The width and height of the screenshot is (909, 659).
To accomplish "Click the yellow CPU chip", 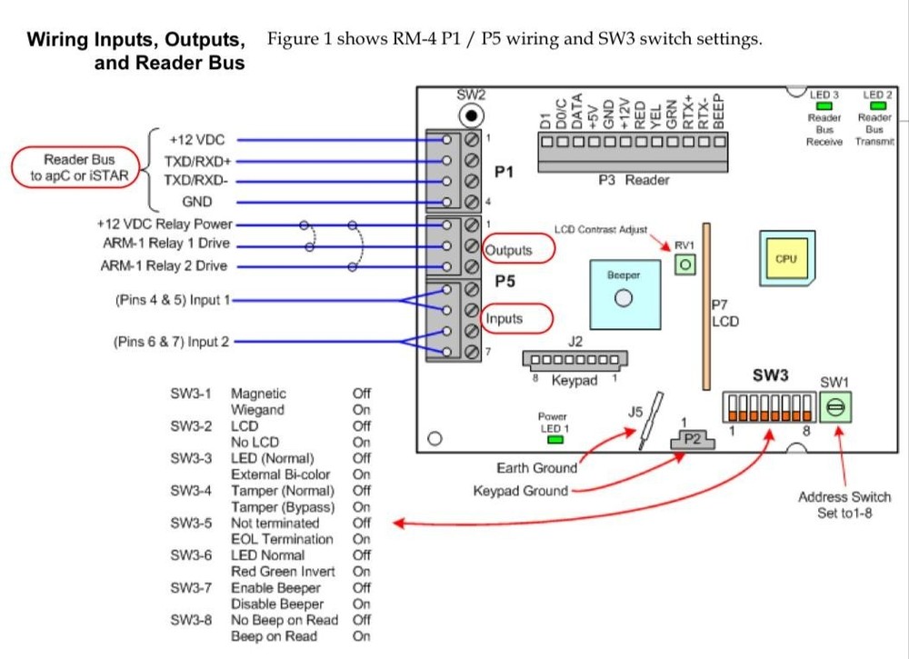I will point(785,259).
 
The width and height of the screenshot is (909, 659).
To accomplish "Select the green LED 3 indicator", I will point(824,106).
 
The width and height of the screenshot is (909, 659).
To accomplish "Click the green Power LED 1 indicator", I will point(554,440).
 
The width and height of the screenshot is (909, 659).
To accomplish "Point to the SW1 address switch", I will point(834,410).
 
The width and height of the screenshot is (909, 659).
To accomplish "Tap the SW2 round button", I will point(471,115).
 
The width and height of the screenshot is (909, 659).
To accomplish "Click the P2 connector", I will point(693,441).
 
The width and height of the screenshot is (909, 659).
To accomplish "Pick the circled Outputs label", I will point(516,250).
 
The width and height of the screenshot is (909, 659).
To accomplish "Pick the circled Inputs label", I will point(514,318).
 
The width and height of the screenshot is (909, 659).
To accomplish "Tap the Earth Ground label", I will point(536,468).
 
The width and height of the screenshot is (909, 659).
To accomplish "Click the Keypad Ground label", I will point(520,491).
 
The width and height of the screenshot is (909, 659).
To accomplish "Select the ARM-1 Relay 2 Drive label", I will point(164,266).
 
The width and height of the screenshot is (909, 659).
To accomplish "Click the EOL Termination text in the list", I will point(282,539).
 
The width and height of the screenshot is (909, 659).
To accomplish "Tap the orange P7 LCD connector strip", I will point(705,305).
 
